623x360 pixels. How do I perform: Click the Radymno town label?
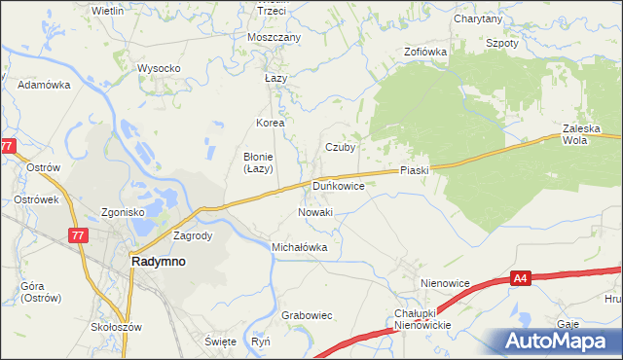point(159,262)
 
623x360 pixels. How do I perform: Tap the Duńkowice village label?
point(339,184)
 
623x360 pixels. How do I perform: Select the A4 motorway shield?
point(521,280)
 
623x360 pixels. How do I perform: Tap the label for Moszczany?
point(275,37)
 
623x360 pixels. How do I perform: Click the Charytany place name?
point(478,18)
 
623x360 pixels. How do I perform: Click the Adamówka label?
point(45,85)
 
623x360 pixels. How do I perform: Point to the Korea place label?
point(270,124)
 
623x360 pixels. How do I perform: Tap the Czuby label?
point(340,148)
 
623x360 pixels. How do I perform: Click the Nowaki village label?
point(315,212)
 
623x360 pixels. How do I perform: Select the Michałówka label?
point(299,247)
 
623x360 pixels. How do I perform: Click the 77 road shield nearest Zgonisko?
point(77,234)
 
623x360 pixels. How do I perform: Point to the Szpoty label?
point(502,44)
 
